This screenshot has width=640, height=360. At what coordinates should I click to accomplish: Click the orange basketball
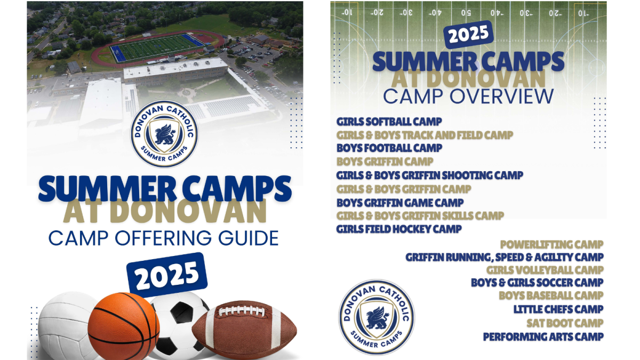123,326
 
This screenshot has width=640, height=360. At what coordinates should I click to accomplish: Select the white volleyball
65,326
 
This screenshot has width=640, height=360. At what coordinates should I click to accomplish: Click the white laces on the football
242,311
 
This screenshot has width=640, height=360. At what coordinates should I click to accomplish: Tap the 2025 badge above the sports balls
167,275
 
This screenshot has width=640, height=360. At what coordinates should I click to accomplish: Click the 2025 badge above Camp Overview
469,35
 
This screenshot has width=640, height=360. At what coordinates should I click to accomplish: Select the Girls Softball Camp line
389,122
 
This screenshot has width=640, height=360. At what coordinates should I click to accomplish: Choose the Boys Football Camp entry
389,148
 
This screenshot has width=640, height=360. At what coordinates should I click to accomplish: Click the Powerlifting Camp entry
551,245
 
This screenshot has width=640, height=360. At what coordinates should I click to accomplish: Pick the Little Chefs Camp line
558,309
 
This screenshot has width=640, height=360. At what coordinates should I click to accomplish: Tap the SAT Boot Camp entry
565,323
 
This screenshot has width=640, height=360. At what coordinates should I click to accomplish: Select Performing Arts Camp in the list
543,337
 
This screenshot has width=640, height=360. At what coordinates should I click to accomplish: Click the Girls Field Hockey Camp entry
399,229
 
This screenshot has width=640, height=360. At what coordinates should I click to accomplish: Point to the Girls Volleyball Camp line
545,270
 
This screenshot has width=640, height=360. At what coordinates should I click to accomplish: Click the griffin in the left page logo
165,134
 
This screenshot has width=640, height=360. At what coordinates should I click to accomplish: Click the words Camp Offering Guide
163,238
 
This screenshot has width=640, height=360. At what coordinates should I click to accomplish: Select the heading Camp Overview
468,97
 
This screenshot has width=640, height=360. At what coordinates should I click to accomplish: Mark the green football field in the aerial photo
157,47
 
